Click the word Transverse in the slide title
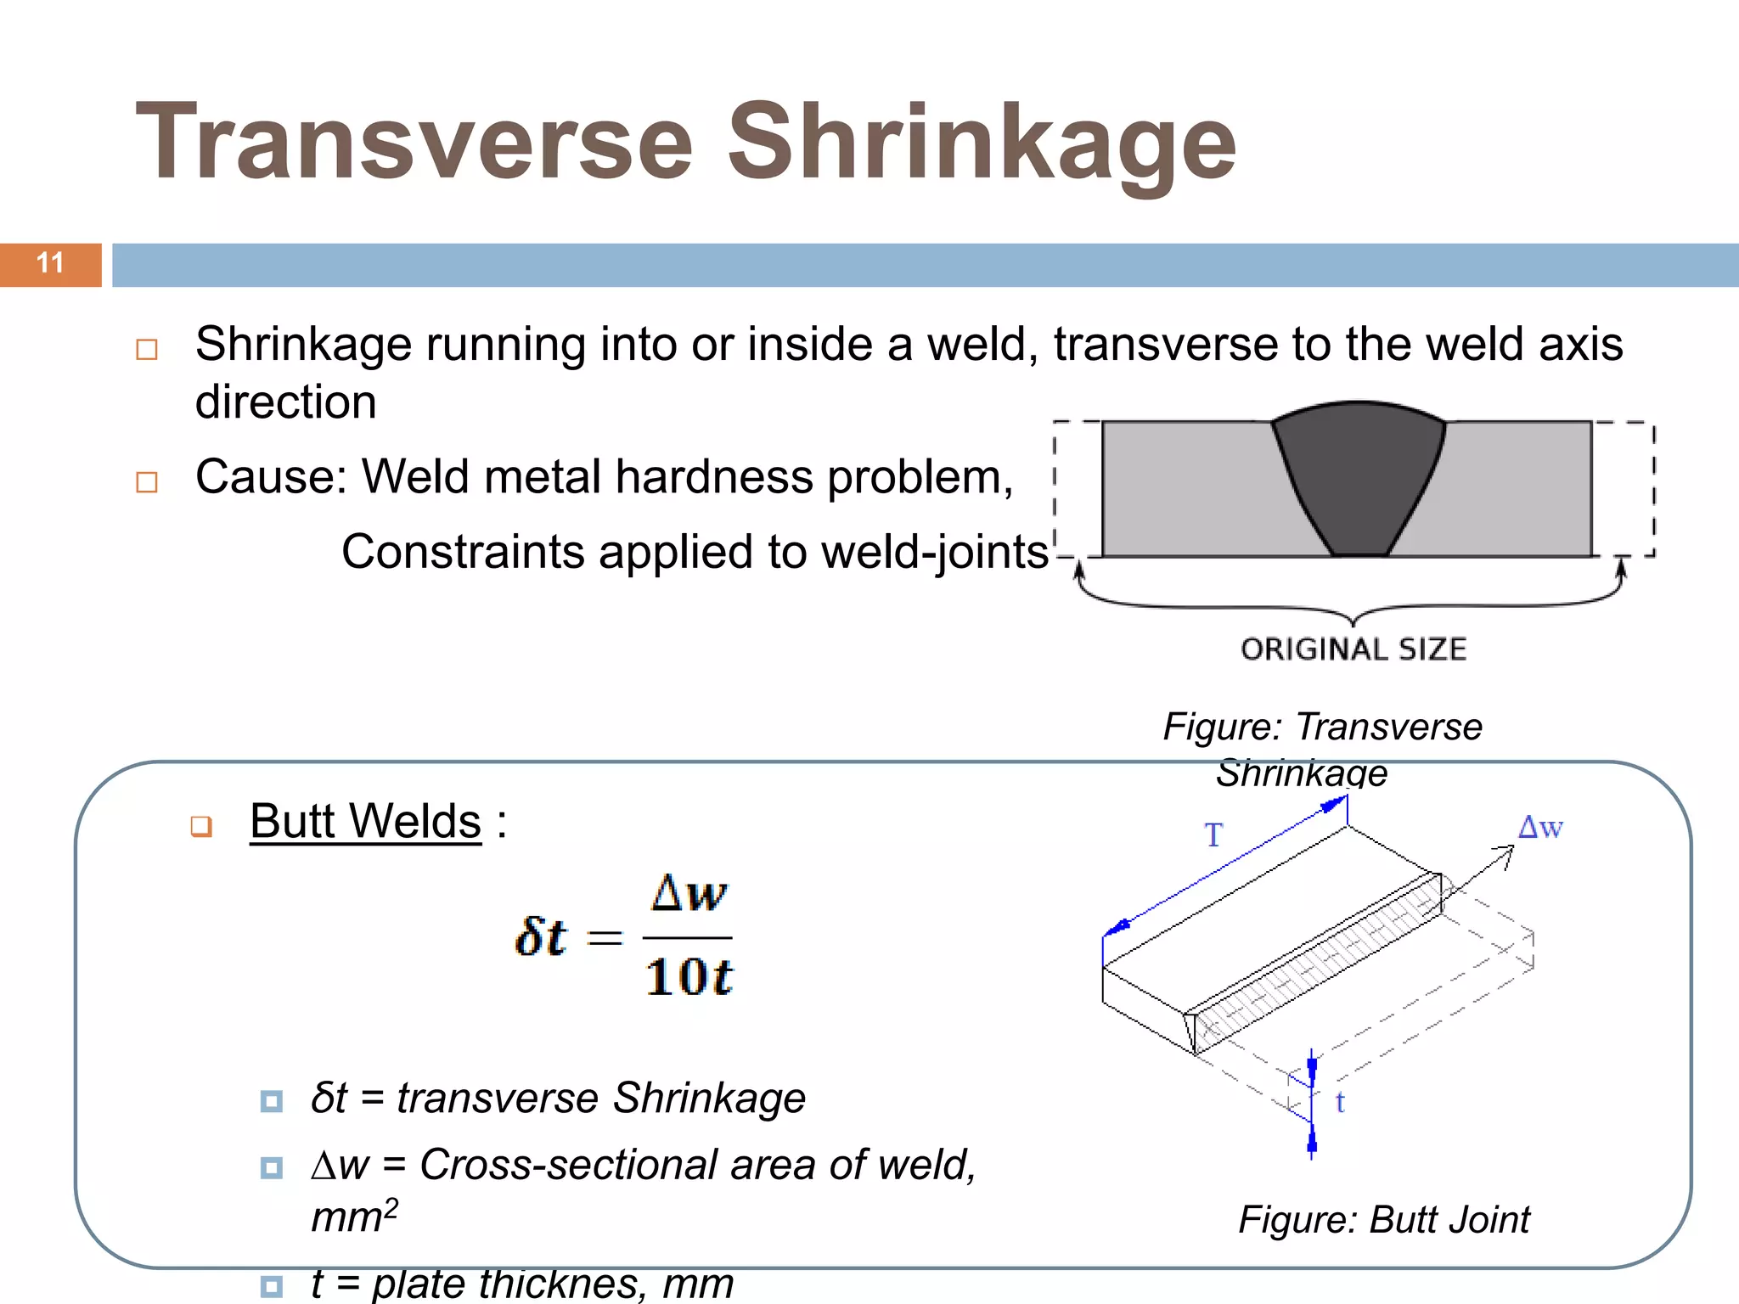tap(415, 143)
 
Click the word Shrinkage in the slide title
tap(982, 143)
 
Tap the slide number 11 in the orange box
tap(50, 263)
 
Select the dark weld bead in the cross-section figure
tap(1359, 475)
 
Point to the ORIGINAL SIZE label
tap(1353, 649)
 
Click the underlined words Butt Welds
tap(366, 822)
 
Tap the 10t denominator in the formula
tap(689, 976)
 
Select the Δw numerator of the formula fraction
tap(689, 894)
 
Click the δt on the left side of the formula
tap(540, 937)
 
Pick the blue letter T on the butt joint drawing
tap(1213, 835)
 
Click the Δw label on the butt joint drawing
tap(1540, 827)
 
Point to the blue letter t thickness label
tap(1340, 1102)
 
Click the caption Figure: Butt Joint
tap(1383, 1220)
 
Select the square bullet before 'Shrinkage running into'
tap(147, 350)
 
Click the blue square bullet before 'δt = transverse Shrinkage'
tap(272, 1101)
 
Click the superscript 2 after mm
tap(391, 1207)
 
